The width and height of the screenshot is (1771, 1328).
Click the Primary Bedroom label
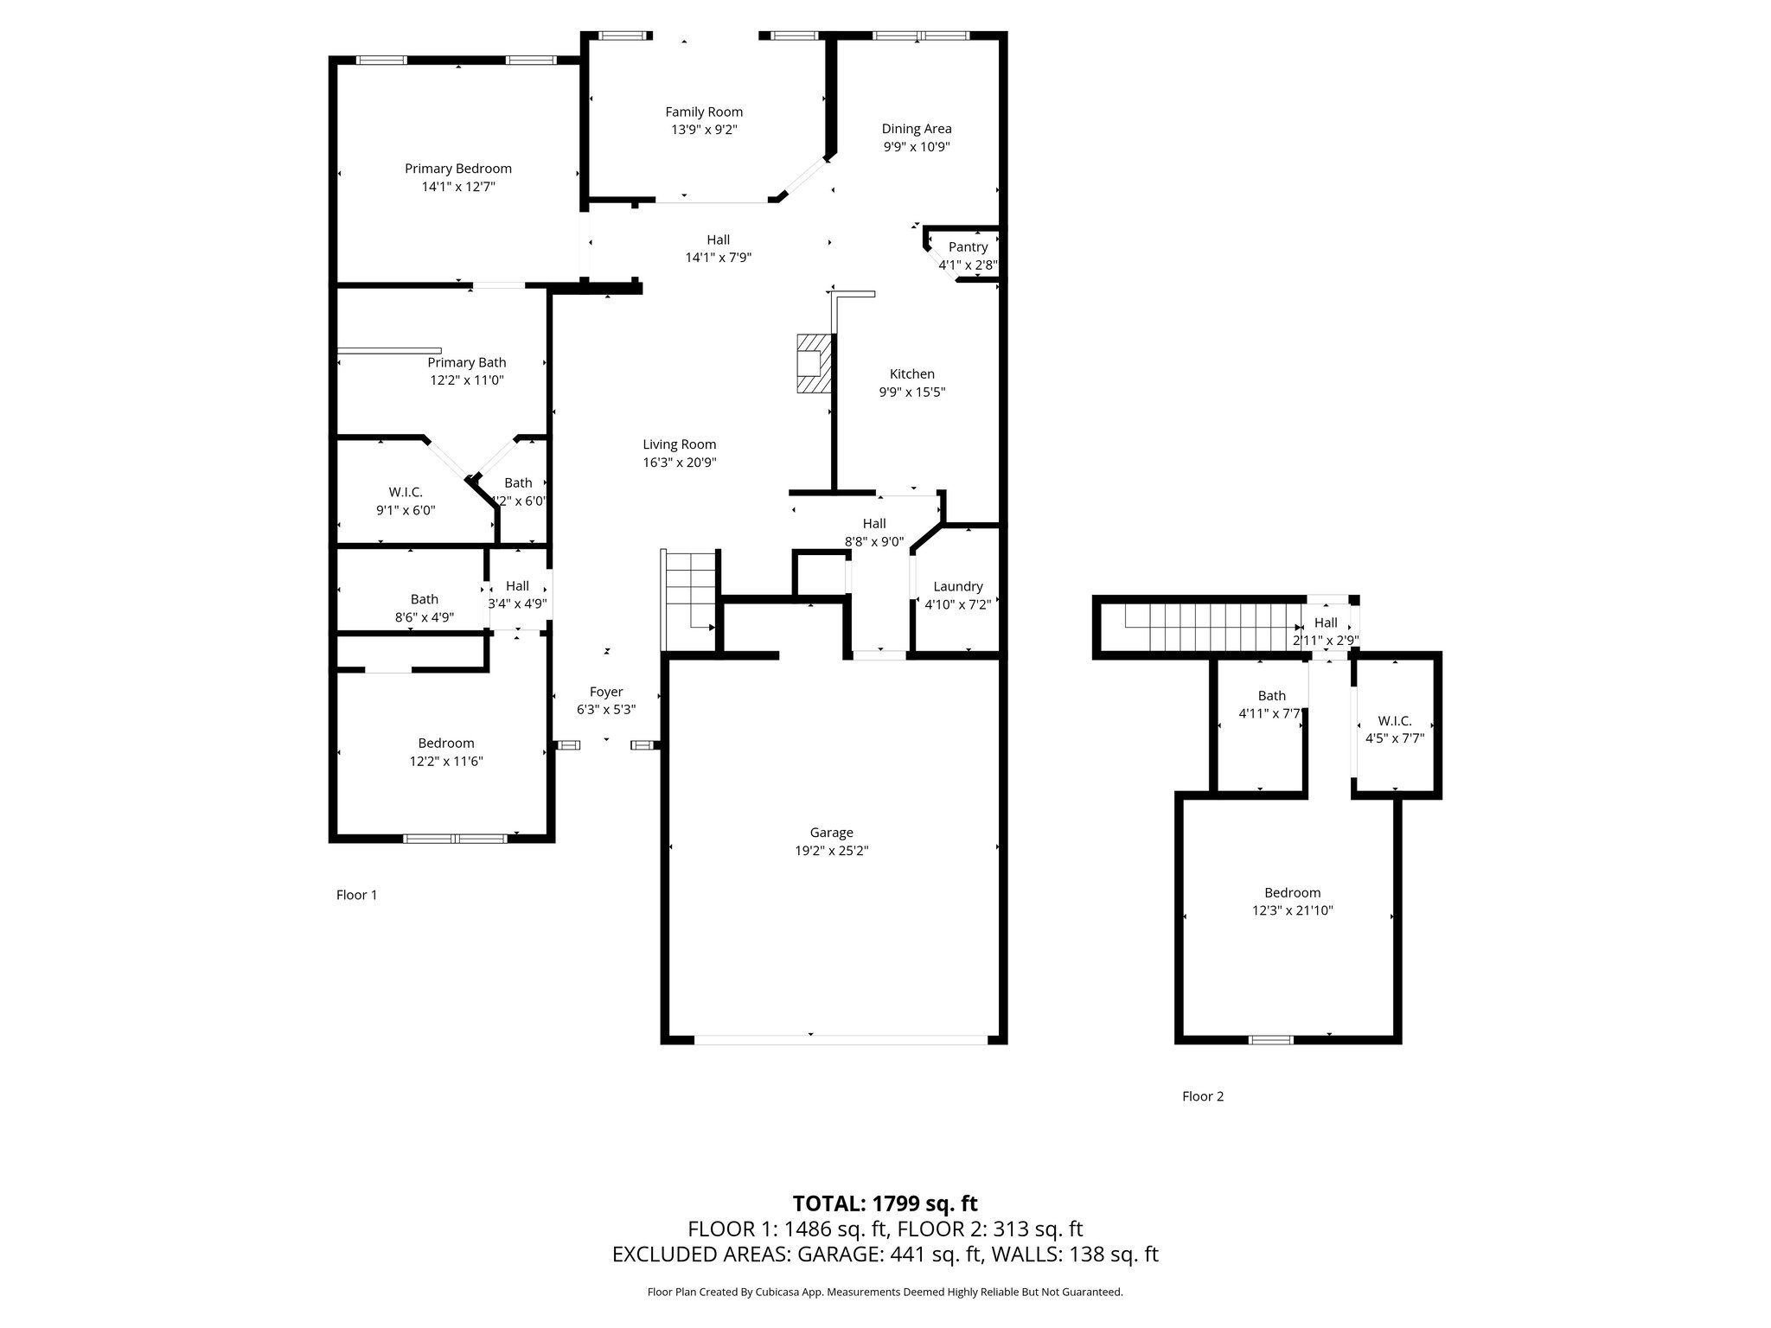coord(458,169)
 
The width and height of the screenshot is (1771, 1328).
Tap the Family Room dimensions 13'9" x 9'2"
coord(704,130)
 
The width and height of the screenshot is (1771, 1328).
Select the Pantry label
coord(968,247)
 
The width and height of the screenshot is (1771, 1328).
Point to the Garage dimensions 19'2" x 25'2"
coord(831,851)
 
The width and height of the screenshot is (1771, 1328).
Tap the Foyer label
coord(606,692)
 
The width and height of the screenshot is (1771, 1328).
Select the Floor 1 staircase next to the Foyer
coord(689,597)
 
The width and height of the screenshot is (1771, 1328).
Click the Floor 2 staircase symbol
coord(1211,627)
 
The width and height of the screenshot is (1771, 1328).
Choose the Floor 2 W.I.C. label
coord(1394,721)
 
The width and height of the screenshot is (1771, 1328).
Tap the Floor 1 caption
coord(356,895)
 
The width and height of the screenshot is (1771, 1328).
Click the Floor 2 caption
coord(1203,1096)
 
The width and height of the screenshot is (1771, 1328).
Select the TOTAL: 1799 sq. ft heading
coord(885,1203)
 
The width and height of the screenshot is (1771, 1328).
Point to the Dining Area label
coord(917,129)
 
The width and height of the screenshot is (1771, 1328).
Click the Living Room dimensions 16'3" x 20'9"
coord(679,463)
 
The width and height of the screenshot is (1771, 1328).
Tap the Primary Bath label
coord(467,362)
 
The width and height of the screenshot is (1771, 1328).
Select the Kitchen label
coord(912,373)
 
